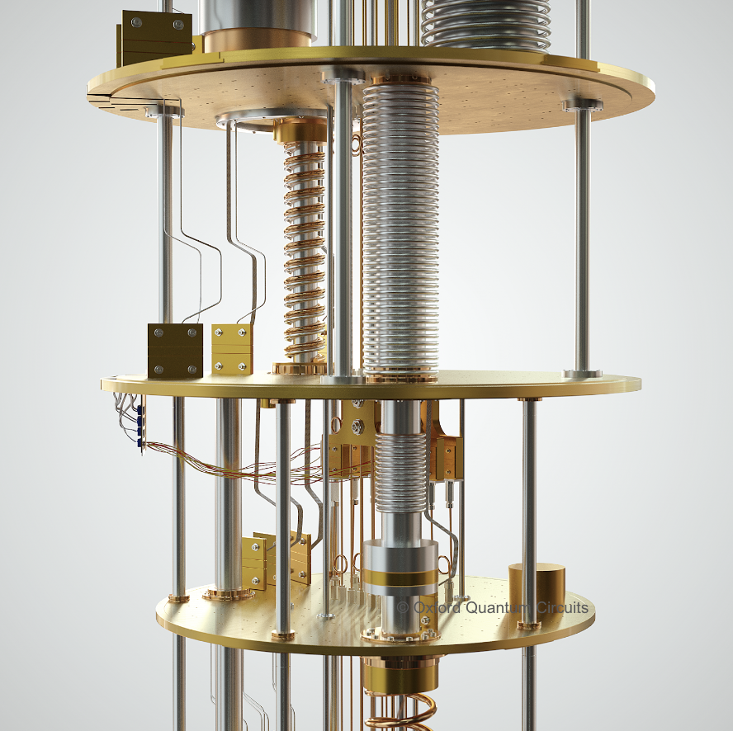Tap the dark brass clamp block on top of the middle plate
(x=175, y=350)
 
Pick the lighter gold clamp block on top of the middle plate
(x=232, y=349)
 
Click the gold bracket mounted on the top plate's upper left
(x=156, y=38)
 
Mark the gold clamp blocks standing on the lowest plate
(x=272, y=561)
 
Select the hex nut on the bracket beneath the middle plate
(x=357, y=427)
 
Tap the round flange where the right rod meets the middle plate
(x=583, y=374)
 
